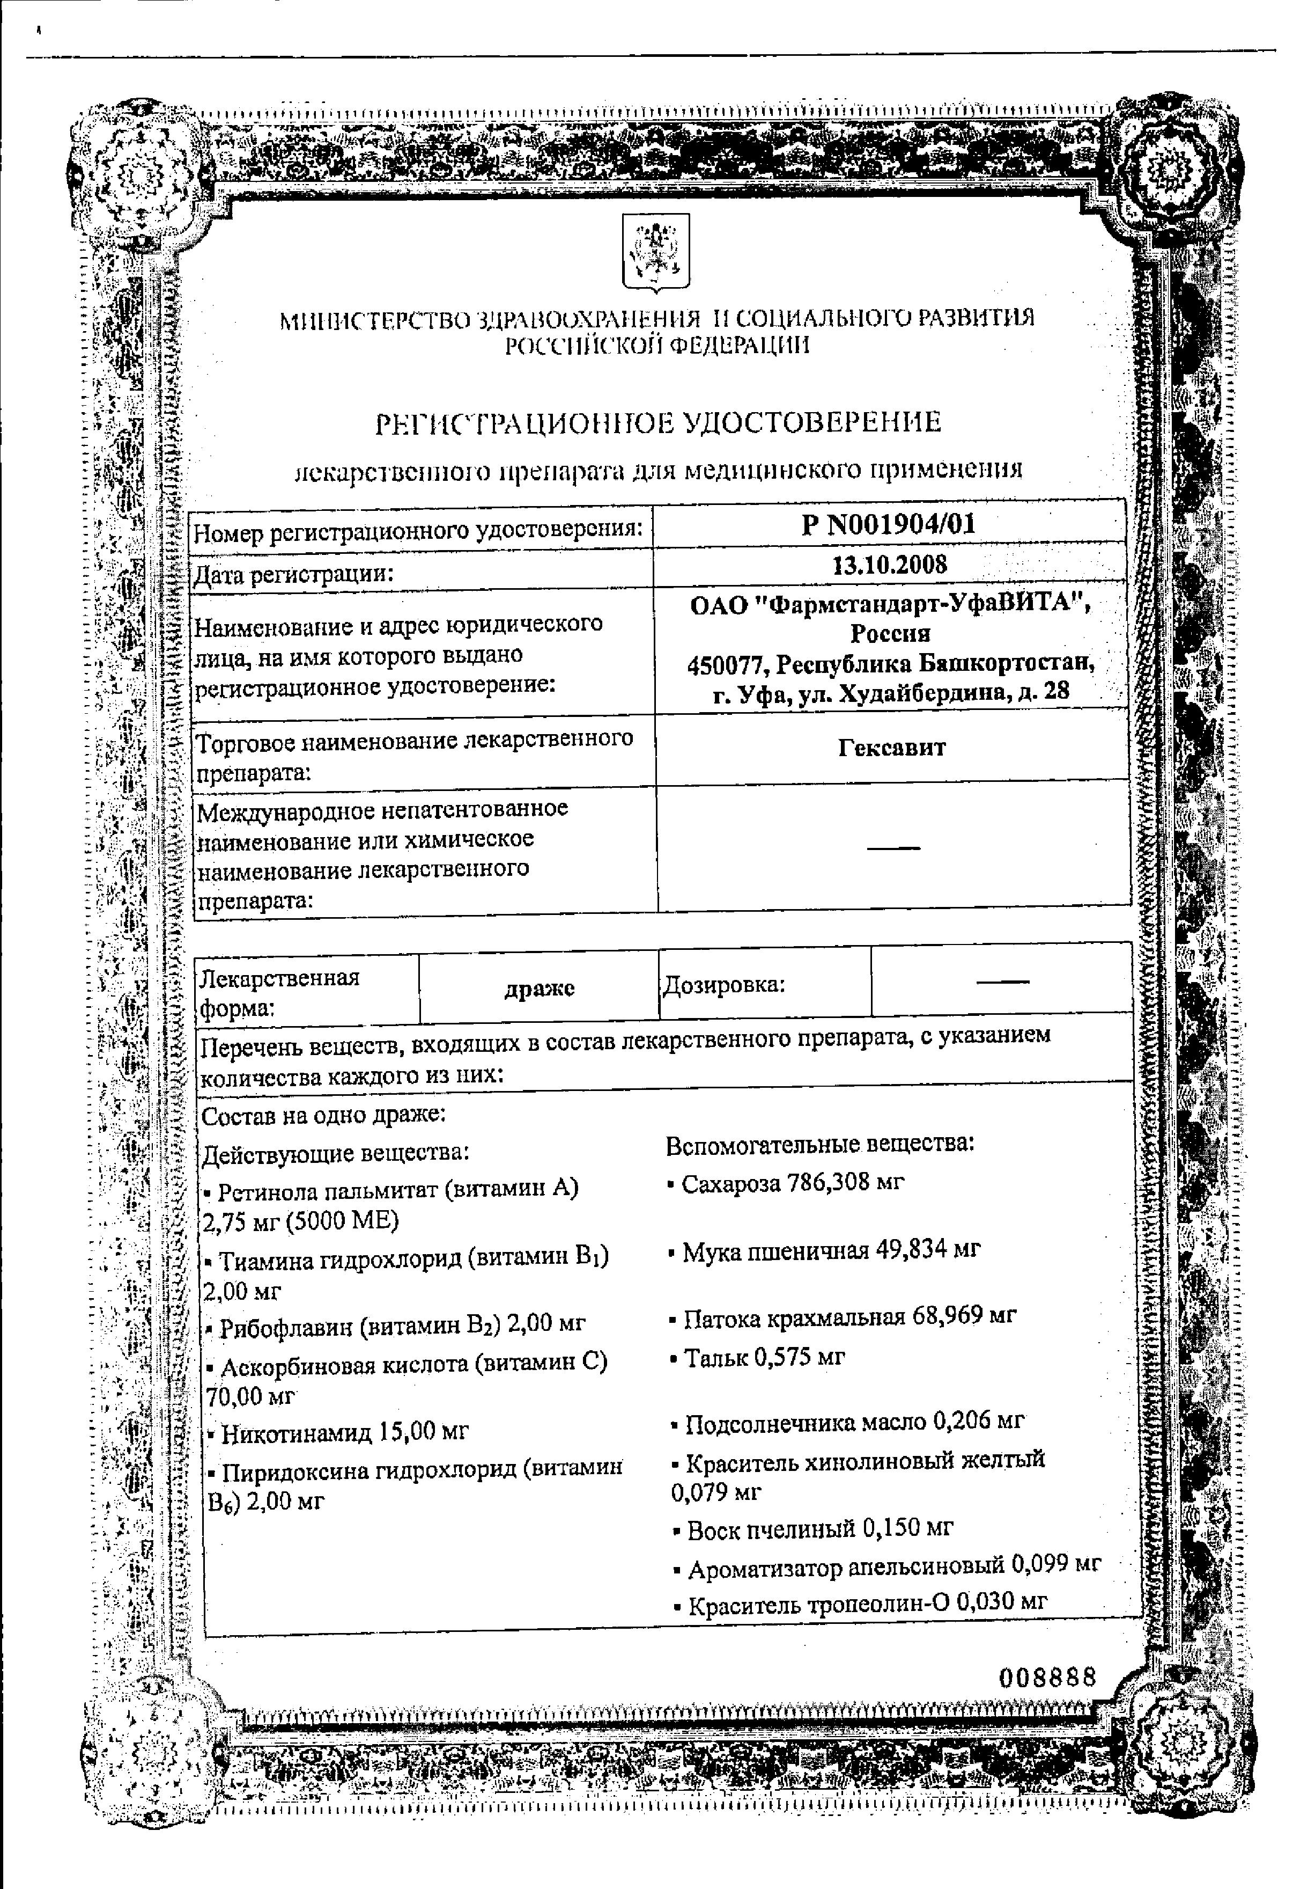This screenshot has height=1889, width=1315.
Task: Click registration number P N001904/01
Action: click(x=888, y=524)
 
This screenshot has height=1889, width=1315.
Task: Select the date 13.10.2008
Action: click(x=889, y=565)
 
